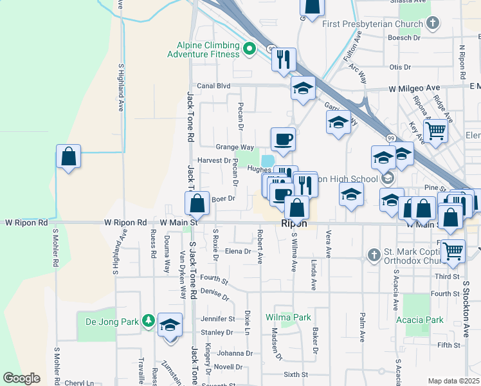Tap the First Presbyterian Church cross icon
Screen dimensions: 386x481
(433, 24)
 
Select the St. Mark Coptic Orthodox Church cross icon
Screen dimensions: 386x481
(374, 255)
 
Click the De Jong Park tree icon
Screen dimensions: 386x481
(149, 320)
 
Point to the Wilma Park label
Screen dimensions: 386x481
(288, 317)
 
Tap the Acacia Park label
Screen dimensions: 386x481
(421, 320)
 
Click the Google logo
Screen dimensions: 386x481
(21, 378)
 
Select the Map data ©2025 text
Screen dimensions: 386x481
(453, 381)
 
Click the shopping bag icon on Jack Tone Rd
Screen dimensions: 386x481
(197, 203)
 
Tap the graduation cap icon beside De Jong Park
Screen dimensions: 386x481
(170, 326)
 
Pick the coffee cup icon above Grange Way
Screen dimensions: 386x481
(283, 138)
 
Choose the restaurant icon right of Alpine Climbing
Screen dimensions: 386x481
(283, 59)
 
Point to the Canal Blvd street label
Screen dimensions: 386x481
(213, 86)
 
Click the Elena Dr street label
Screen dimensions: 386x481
(237, 252)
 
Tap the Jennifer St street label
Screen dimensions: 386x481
(218, 318)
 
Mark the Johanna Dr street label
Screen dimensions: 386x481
(235, 353)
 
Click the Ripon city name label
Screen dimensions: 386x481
(295, 224)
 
